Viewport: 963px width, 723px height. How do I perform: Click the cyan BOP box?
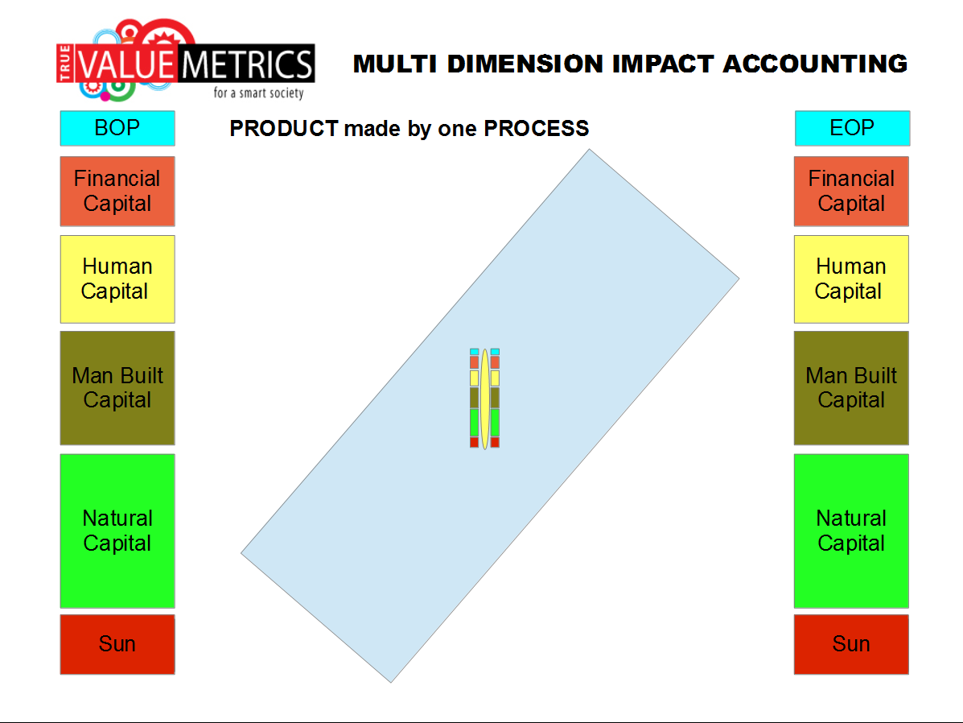(x=117, y=128)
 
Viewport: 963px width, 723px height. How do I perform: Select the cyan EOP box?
(x=852, y=128)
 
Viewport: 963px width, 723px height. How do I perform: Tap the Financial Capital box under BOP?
(x=117, y=191)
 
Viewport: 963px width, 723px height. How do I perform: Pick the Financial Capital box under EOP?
(x=851, y=191)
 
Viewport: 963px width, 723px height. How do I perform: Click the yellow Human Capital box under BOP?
(x=117, y=279)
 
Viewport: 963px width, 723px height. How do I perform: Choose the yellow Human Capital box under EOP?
(x=851, y=279)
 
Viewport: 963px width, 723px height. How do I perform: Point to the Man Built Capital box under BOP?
(x=117, y=388)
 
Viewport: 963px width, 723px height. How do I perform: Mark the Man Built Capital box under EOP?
(x=851, y=388)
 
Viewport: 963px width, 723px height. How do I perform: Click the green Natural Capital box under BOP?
(x=117, y=531)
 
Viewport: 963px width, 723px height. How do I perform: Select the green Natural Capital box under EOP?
(x=851, y=531)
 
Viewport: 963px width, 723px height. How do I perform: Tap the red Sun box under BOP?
(x=117, y=644)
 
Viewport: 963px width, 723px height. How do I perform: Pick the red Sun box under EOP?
(x=851, y=644)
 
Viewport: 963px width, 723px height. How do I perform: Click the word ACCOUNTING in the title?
(x=815, y=64)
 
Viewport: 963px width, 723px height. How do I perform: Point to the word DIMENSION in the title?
(x=525, y=64)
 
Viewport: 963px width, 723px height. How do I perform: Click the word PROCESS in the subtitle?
(x=536, y=128)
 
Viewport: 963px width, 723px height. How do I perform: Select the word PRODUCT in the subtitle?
(x=284, y=128)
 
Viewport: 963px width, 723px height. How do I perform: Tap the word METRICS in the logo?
(x=248, y=64)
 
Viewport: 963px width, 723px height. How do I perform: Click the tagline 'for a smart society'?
(x=258, y=93)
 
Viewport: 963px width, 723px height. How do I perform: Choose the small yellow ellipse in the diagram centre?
(x=484, y=399)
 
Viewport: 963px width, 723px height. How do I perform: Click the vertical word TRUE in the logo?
(x=64, y=63)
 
